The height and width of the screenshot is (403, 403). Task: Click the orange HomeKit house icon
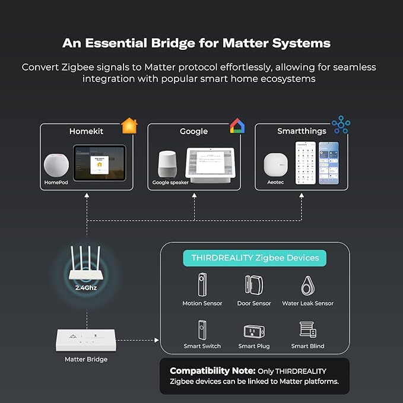[129, 126]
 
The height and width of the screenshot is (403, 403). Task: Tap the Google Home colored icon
[237, 126]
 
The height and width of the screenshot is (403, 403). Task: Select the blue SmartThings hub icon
[341, 125]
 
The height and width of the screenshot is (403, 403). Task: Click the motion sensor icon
[202, 285]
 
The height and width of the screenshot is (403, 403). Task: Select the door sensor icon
[254, 285]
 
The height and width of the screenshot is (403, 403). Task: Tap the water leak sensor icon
[307, 285]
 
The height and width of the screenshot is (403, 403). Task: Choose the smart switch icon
[202, 329]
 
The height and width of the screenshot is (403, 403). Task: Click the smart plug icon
[254, 331]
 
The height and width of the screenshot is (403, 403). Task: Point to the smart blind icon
[307, 330]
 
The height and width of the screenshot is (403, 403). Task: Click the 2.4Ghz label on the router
[87, 287]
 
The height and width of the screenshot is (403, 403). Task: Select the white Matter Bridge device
[86, 339]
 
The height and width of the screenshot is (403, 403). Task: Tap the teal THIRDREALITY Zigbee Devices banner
[255, 258]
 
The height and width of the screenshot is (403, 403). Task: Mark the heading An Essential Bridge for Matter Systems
[196, 43]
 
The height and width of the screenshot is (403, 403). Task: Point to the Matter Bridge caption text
[86, 360]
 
